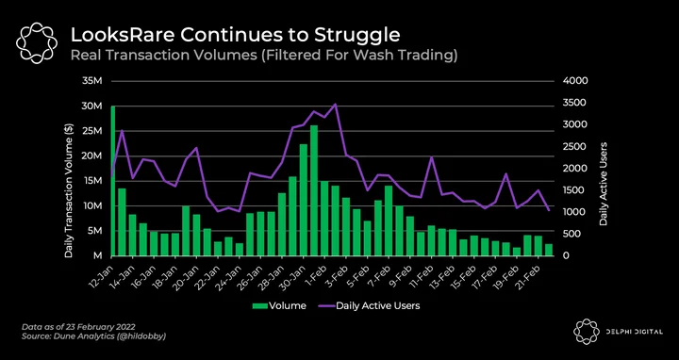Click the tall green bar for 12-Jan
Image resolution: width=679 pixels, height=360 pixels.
click(x=112, y=180)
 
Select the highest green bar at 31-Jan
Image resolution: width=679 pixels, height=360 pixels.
click(x=314, y=190)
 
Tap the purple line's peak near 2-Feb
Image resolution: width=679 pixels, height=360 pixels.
click(x=335, y=104)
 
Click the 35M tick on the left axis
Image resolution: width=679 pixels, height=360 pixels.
click(x=93, y=81)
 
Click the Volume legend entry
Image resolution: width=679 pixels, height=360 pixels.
click(x=279, y=306)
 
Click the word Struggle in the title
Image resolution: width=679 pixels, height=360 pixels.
click(x=356, y=36)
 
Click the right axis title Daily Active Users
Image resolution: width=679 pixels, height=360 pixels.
click(x=604, y=184)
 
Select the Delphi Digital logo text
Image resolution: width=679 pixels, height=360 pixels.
click(x=637, y=332)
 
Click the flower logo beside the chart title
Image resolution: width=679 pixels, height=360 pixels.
click(x=37, y=42)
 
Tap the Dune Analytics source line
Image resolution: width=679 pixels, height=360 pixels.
click(x=94, y=335)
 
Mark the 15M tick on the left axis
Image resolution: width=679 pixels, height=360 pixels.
click(x=93, y=181)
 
